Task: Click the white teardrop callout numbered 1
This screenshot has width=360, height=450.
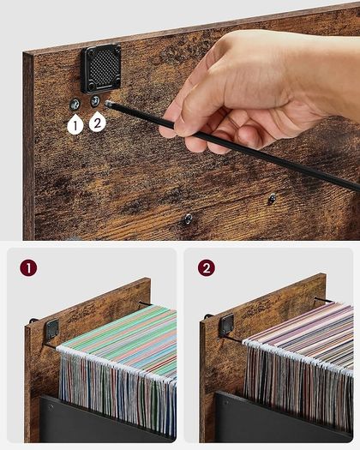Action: [x=75, y=124]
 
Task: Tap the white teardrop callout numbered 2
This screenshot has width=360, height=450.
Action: [x=98, y=122]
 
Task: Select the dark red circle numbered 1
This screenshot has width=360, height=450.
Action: [x=28, y=268]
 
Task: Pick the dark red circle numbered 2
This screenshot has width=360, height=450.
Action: [x=206, y=267]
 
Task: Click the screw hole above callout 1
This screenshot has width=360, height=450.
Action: [x=75, y=105]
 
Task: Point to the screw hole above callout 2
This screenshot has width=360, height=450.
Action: [x=95, y=101]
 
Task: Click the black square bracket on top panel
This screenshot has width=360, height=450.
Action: [x=101, y=69]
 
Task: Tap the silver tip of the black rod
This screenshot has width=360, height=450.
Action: [x=109, y=105]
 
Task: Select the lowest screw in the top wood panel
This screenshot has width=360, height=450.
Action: [x=189, y=219]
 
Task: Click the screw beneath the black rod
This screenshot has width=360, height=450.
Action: [x=272, y=198]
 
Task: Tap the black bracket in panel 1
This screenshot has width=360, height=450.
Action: [x=52, y=329]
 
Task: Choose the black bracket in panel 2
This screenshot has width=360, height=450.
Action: [x=227, y=325]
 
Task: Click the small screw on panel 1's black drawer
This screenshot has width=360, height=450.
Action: [x=51, y=406]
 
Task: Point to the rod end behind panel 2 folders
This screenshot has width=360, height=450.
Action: [x=324, y=300]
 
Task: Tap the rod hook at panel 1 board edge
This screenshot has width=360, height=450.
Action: [x=33, y=321]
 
